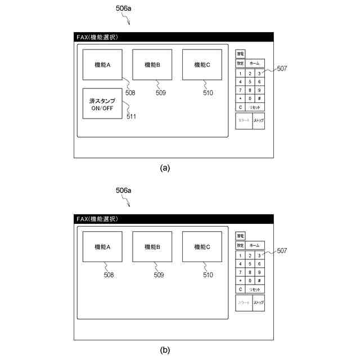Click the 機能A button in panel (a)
click(102, 65)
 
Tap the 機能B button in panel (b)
click(152, 246)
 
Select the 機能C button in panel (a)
click(202, 65)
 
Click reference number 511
click(131, 116)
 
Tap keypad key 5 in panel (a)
click(250, 82)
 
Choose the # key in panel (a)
click(259, 98)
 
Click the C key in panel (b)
click(241, 289)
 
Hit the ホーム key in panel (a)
click(254, 64)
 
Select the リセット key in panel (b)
click(255, 289)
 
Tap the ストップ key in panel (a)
click(259, 121)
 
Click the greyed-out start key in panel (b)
click(244, 303)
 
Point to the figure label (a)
click(165, 168)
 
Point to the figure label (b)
click(165, 350)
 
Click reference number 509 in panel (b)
click(159, 275)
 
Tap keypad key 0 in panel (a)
click(250, 98)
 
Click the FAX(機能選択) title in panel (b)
click(98, 219)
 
